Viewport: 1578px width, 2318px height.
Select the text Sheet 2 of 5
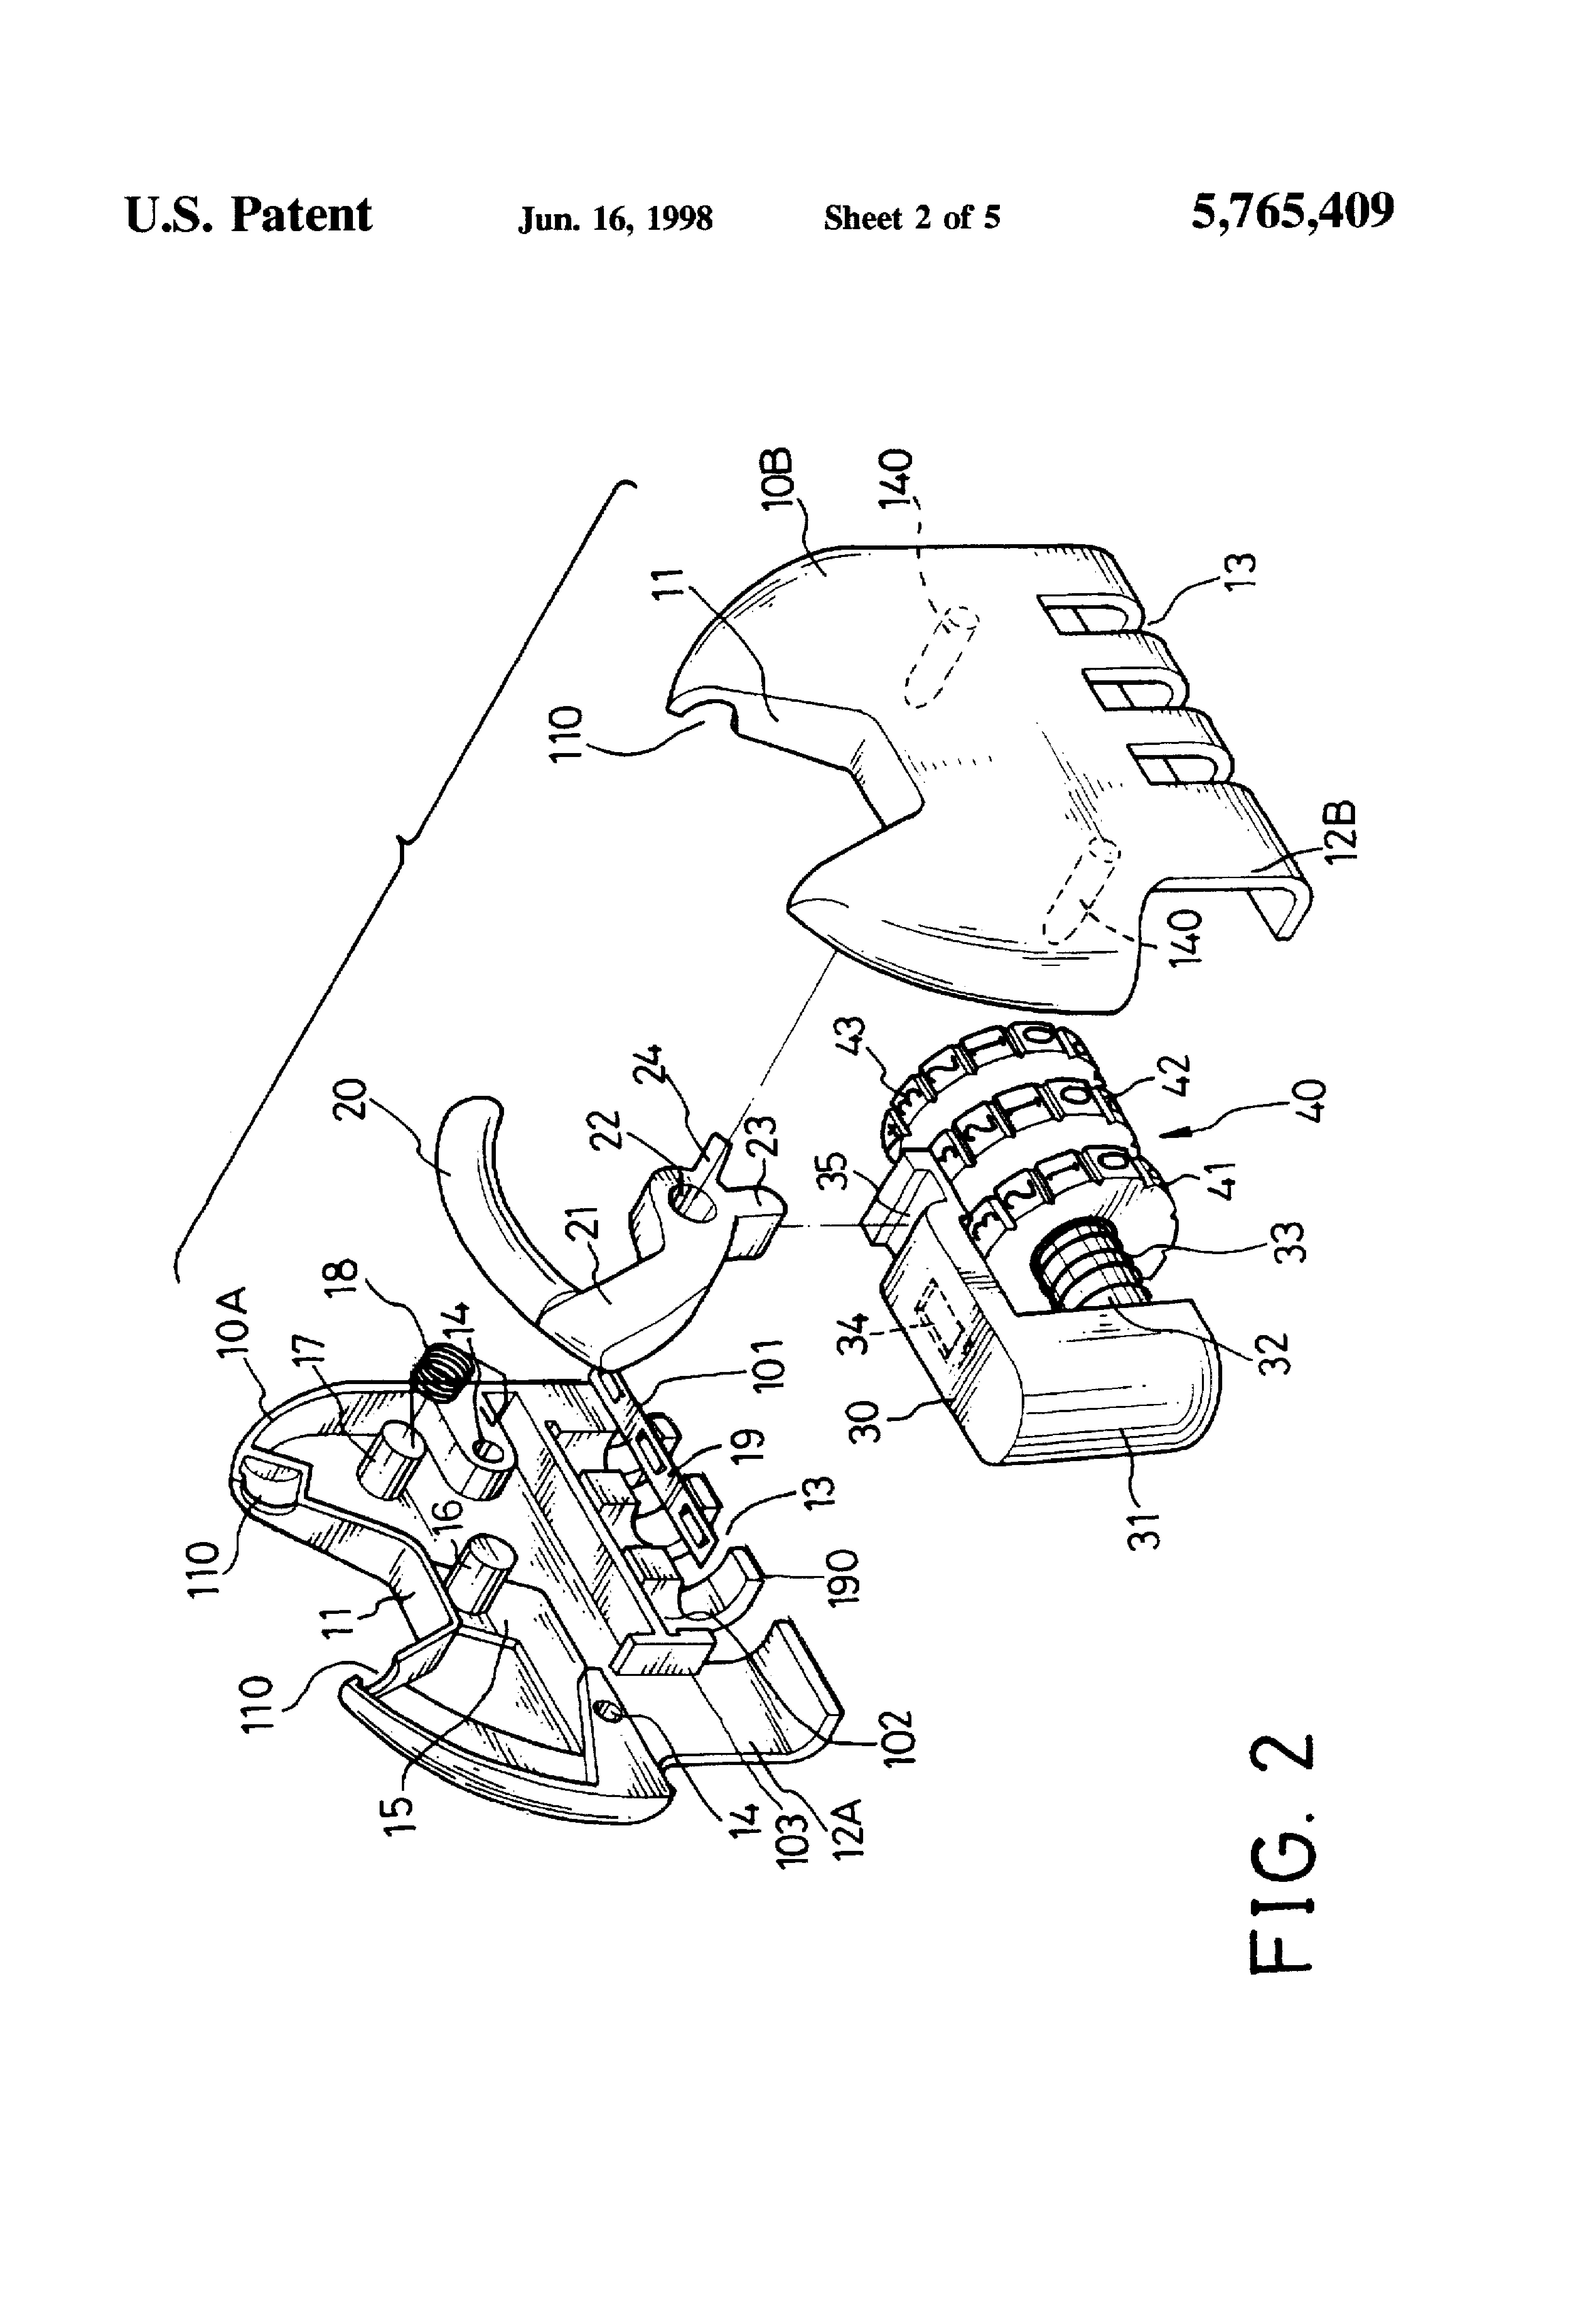tap(912, 217)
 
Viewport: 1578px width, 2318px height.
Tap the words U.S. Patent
tap(248, 214)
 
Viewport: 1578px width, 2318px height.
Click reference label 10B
tap(780, 479)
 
